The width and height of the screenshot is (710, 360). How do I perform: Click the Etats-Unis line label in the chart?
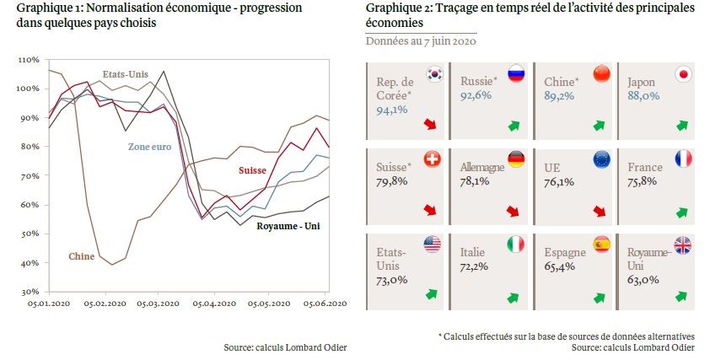pos(125,74)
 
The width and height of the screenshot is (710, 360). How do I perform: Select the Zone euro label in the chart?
pos(151,147)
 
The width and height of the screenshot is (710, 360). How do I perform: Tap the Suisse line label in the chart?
pos(251,170)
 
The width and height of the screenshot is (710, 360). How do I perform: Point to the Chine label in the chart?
pos(82,255)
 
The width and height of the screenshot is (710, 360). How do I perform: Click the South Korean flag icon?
pos(435,73)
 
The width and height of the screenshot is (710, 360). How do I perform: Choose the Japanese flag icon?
pos(684,73)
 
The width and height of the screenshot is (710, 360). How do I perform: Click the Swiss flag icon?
pos(435,159)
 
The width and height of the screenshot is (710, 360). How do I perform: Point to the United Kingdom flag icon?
pos(684,244)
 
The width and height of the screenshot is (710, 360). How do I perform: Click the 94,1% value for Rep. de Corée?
pos(392,109)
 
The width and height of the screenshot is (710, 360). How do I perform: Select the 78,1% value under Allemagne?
pos(477,180)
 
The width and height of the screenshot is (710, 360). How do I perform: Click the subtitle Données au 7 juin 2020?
pos(421,40)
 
